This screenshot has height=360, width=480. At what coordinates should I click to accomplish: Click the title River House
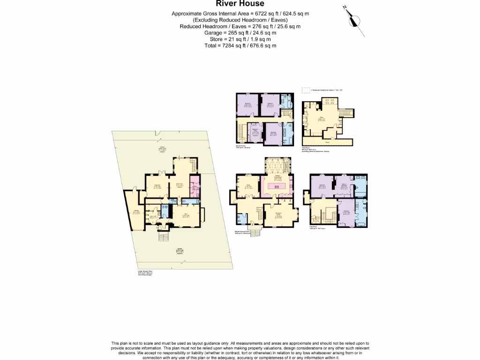[x=240, y=4]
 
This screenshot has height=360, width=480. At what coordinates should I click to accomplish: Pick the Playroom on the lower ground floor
[x=157, y=187]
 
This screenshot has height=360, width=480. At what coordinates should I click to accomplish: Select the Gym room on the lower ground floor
[x=186, y=216]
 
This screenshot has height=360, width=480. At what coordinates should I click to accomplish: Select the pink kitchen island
[x=277, y=186]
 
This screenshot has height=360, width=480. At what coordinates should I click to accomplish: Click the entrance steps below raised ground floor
[x=255, y=232]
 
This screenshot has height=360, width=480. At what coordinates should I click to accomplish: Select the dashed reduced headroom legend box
[x=306, y=89]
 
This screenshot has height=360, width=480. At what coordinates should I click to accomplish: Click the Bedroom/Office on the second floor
[x=255, y=133]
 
